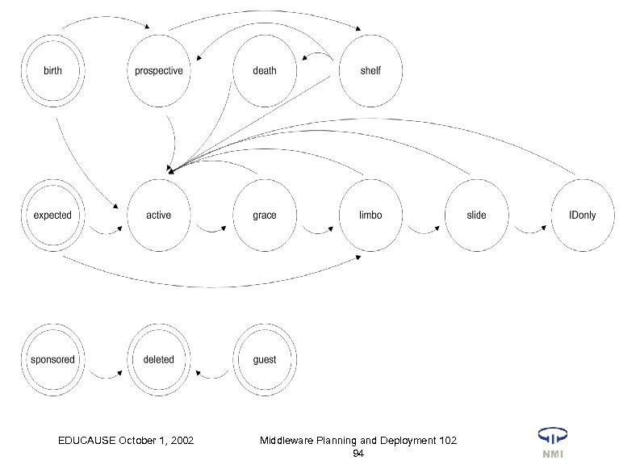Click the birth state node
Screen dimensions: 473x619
[x=52, y=71]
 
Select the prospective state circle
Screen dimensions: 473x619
[x=158, y=71]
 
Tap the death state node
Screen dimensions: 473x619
[x=264, y=71]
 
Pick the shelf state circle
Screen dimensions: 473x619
[x=370, y=71]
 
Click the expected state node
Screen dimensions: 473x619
[x=52, y=216]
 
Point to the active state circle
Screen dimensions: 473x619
[x=158, y=216]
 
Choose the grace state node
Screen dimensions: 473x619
[x=264, y=216]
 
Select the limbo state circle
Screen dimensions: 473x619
[x=370, y=216]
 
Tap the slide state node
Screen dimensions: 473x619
[x=476, y=216]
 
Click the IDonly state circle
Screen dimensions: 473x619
[x=582, y=216]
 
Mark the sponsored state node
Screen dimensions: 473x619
[x=52, y=359]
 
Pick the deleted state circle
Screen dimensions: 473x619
[x=158, y=359]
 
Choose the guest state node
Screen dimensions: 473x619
[x=264, y=359]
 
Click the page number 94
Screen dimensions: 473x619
[x=358, y=455]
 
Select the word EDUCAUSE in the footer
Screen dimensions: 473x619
[x=87, y=440]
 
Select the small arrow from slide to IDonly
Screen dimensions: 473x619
[x=529, y=231]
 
